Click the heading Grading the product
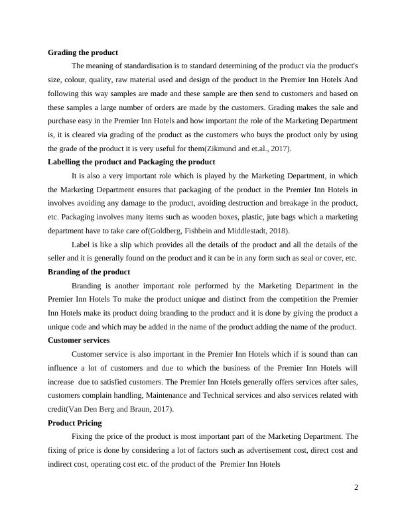pyautogui.click(x=83, y=52)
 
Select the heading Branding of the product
pyautogui.click(x=89, y=272)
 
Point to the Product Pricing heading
pyautogui.click(x=75, y=422)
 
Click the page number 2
pyautogui.click(x=356, y=488)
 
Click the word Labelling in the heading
pyautogui.click(x=67, y=162)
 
